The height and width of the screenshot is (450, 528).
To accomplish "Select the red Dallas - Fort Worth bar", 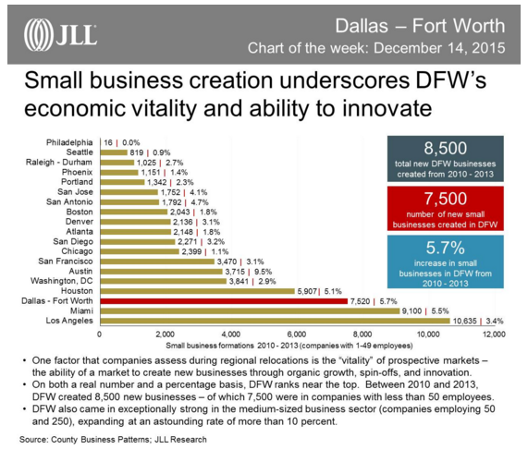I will point(222,300).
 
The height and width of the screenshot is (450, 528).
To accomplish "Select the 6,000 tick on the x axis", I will point(296,334).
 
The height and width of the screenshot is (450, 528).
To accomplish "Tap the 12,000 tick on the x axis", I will point(492,334).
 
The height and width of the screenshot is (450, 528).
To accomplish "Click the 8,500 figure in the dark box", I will point(448,148).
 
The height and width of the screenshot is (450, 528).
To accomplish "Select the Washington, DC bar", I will point(162,280).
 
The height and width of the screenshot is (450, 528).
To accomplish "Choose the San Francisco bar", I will point(156,260).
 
